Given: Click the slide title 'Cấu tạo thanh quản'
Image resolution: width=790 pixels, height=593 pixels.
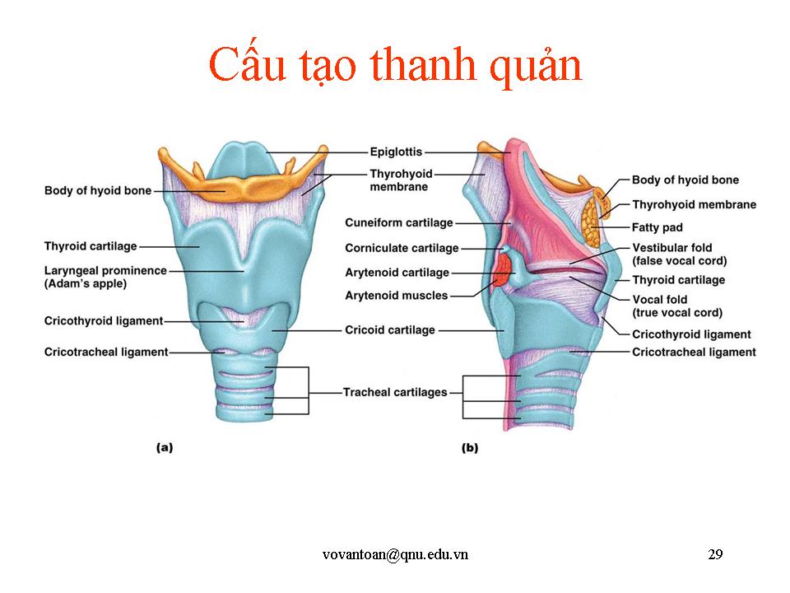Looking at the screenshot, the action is click(x=395, y=66).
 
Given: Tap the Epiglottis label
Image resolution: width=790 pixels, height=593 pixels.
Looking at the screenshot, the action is click(x=396, y=152).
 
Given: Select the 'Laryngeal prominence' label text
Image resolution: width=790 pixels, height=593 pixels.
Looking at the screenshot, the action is click(x=105, y=270).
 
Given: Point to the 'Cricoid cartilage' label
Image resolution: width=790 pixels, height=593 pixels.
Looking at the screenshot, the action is click(x=389, y=330).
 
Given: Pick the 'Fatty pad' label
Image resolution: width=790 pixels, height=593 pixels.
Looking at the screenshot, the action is click(x=657, y=227).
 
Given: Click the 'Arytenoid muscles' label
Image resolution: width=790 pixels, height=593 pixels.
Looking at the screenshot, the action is click(x=397, y=295).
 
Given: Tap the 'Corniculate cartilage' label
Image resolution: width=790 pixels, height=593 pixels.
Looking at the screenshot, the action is click(x=402, y=248).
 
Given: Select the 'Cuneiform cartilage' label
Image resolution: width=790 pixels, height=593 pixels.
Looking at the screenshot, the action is click(x=399, y=222).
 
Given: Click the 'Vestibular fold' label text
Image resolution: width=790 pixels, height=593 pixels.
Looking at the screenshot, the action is click(x=671, y=248).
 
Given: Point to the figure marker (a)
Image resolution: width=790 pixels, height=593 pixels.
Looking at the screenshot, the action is click(x=165, y=448).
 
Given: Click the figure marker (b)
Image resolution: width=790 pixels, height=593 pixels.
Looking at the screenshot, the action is click(x=470, y=448).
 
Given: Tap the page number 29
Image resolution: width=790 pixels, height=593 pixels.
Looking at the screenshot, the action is click(x=715, y=554).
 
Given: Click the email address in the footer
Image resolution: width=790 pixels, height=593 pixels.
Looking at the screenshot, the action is click(x=395, y=554).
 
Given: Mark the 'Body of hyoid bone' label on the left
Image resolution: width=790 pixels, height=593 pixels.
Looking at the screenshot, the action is click(x=97, y=191).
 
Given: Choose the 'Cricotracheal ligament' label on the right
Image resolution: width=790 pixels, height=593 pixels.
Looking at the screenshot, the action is click(x=693, y=352).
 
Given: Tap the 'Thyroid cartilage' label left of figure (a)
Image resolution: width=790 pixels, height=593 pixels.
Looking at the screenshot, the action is click(x=91, y=245).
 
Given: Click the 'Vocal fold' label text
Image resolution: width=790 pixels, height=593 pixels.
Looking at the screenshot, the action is click(x=659, y=300).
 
